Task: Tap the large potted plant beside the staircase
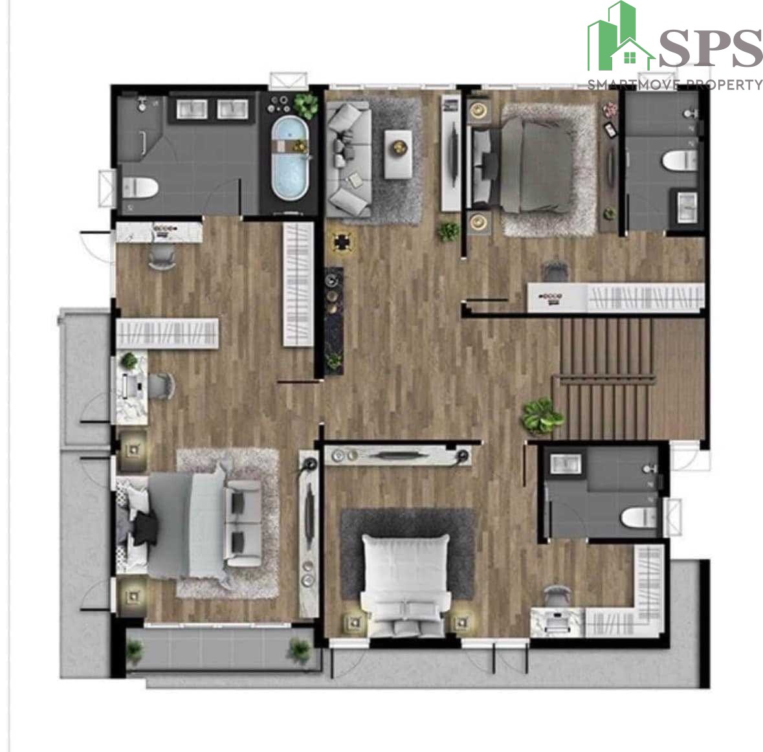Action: point(542,416)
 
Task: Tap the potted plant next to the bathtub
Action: point(305,105)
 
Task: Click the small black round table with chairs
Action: point(343,241)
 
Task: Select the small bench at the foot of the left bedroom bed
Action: point(244,524)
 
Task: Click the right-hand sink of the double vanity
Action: point(232,109)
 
